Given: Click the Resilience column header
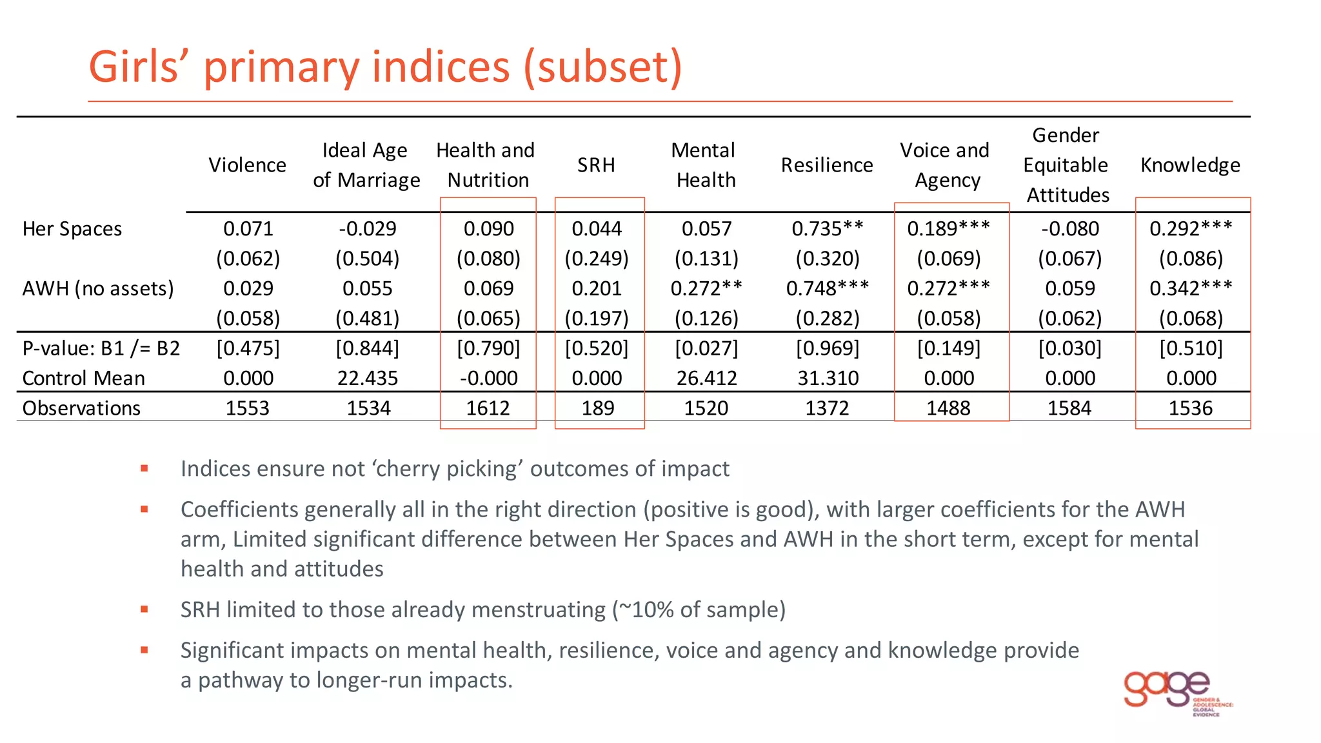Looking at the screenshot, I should [827, 165].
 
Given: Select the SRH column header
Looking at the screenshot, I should [596, 165].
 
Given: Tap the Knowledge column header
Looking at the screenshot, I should [1190, 165].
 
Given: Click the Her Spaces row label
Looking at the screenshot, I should [72, 229].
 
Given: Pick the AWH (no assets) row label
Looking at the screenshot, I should [98, 288].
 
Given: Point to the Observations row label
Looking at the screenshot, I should [81, 408].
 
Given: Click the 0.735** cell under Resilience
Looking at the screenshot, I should [828, 229].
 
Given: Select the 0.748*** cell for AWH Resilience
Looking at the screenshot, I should [828, 288].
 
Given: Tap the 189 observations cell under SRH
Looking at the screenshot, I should [598, 408].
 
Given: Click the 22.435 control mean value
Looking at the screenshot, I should [368, 378].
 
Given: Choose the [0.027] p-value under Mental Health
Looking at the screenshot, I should [706, 348].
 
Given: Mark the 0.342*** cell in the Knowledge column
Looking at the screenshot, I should [1191, 288].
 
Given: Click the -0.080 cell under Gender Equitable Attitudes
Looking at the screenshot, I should [1069, 229].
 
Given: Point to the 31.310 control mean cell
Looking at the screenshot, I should [828, 378].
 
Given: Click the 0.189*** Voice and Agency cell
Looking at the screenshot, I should [948, 229].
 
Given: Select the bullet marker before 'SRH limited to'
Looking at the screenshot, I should [144, 609].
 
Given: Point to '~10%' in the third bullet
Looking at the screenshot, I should [646, 609].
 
